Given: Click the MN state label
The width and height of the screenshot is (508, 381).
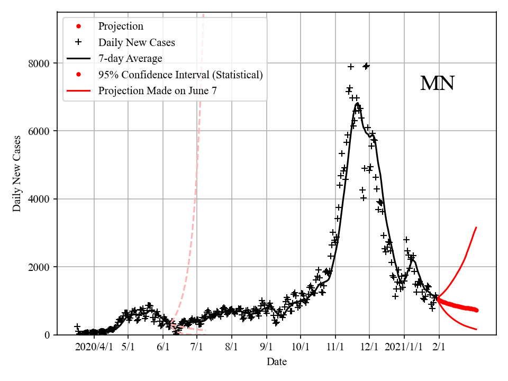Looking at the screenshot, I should coord(437,84).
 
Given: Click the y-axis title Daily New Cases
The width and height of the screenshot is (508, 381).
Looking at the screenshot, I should coord(17,173).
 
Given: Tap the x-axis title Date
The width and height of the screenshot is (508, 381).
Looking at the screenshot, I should coord(277,362).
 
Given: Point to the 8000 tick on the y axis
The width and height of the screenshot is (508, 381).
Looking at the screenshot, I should coord(39,63).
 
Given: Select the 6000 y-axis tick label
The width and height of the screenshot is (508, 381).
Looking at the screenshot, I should coord(39,131).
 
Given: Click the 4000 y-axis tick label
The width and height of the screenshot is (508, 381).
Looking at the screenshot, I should coord(39,199).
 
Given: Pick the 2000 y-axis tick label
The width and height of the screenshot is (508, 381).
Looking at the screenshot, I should coord(39,267).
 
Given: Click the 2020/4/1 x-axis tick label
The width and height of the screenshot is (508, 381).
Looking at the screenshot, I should coord(94,347).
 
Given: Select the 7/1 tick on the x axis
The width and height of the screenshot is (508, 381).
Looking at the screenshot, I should coord(197,347).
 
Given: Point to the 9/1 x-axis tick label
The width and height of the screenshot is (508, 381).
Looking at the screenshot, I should coord(266,347).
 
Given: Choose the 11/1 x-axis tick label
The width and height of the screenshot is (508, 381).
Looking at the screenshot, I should coord(335,347).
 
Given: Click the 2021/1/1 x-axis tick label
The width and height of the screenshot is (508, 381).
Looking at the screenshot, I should coord(404,347).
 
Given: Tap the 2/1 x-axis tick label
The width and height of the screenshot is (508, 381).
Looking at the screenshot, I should coord(439,347).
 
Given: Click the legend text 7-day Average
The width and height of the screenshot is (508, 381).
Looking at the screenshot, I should coord(130,58).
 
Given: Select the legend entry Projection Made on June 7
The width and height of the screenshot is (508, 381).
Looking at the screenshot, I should coord(157,90).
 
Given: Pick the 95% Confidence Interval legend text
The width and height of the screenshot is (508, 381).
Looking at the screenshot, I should coord(180,75).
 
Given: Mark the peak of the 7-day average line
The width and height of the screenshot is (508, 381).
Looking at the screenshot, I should coord(358,104).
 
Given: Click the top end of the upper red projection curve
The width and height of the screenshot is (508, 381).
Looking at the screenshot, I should coord(477,228).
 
